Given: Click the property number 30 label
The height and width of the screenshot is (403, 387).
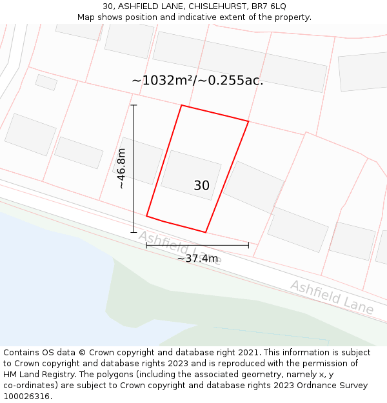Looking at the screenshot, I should click(201, 186).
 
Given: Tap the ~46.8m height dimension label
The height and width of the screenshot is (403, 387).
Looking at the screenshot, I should click(121, 168).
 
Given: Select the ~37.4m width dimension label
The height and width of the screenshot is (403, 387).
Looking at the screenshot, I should click(197, 259).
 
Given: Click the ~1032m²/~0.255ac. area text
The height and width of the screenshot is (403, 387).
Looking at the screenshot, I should click(197, 81).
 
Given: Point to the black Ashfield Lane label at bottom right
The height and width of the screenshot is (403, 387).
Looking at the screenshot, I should click(332, 297).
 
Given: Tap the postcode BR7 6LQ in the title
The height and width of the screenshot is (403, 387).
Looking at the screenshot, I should click(269, 6).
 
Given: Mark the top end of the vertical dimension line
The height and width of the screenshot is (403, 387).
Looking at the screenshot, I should click(134, 105).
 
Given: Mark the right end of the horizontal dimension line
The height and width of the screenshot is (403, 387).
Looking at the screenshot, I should click(248, 245).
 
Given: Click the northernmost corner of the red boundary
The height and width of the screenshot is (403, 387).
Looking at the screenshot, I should click(182, 105).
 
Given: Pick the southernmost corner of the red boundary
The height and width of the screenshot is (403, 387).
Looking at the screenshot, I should click(206, 232).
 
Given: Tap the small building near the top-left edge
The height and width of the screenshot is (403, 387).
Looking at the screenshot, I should click(46, 82).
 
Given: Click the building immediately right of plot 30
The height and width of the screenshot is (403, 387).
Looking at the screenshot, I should click(253, 187).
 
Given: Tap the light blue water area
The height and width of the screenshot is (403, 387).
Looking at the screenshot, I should click(52, 284).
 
